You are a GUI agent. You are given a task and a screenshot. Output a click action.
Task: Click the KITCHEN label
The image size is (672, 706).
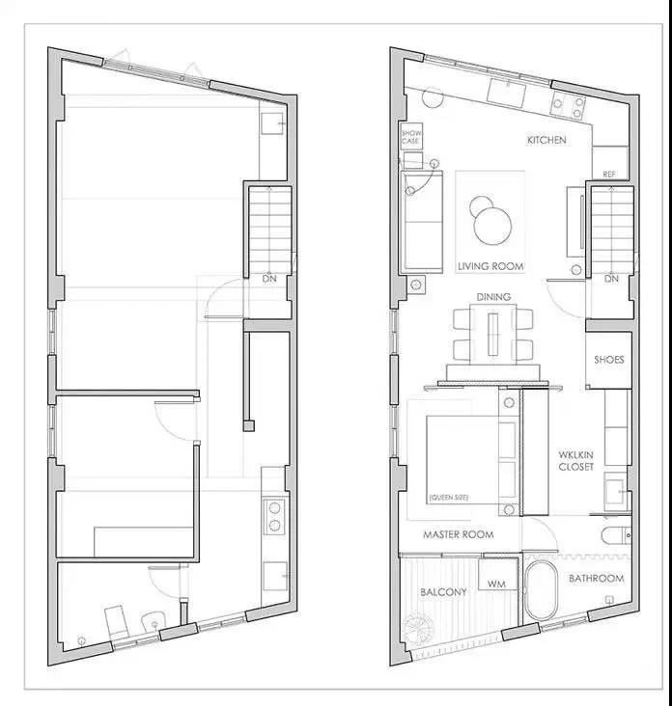coord(546,140)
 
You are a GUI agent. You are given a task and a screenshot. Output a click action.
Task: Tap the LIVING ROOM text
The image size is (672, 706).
coord(490,266)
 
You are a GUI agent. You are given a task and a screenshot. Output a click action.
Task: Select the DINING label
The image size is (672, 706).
coord(493,297)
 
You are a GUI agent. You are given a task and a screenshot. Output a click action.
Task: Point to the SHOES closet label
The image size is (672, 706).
coord(609,360)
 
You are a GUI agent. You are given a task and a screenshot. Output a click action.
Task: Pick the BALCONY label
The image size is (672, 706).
coord(443,592)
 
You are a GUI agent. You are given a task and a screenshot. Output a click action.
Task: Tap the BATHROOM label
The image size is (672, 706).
coord(596,578)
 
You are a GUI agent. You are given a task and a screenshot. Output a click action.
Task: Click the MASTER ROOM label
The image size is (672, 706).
coord(458,534)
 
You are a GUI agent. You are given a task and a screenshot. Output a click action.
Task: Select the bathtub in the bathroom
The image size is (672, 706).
coord(542,590)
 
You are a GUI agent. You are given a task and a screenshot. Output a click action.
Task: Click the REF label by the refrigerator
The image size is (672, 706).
coord(609,175)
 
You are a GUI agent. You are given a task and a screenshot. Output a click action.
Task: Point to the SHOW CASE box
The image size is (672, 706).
coord(411,136)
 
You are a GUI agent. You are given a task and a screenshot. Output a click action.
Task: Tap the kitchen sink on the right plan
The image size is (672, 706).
coord(506,94)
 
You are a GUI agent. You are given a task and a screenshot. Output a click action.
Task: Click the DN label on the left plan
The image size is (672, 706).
coord(269,279)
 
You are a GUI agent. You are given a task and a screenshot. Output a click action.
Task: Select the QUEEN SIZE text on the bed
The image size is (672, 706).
coord(448,498)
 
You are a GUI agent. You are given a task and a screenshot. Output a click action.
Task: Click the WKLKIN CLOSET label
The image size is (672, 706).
coord(576,461)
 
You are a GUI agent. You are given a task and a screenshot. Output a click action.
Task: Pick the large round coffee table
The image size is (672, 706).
coord(492,227)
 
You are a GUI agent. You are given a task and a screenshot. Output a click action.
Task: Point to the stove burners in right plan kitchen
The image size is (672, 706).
coord(568,106)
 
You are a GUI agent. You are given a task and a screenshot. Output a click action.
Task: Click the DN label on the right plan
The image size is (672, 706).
coord(611,279)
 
